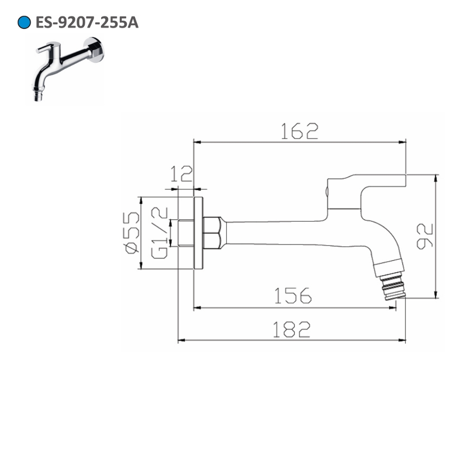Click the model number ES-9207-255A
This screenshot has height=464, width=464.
tap(87, 23)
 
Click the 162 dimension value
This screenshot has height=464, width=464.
tap(299, 131)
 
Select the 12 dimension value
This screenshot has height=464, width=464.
tap(181, 175)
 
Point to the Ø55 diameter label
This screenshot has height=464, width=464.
tap(131, 233)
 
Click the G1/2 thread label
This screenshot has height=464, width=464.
tap(159, 233)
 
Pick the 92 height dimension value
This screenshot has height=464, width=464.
tap(425, 236)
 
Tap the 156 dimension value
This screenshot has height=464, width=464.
tap(293, 296)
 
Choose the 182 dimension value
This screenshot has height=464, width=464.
tap(291, 329)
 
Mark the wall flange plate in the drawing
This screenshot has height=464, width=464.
tap(199, 233)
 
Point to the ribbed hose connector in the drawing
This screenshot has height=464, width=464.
tap(393, 286)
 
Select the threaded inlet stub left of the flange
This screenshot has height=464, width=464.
tap(186, 233)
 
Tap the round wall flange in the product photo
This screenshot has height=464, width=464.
tap(97, 50)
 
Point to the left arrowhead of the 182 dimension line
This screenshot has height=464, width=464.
tap(180, 341)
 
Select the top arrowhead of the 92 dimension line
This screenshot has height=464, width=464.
tap(435, 177)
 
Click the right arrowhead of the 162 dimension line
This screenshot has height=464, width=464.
tap(403, 142)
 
